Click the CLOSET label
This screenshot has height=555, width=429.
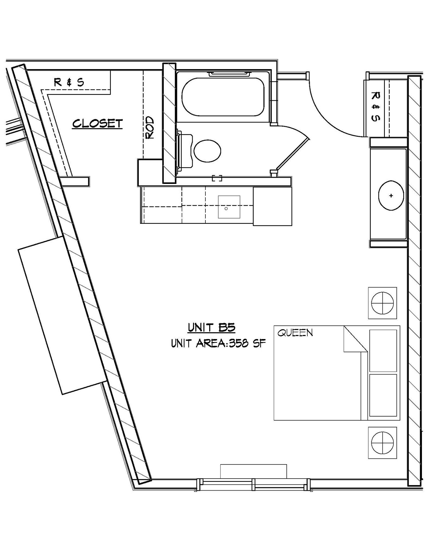(97, 124)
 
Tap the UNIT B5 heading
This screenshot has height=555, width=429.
(211, 327)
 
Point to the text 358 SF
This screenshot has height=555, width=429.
(247, 344)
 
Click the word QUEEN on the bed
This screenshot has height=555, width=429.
(295, 333)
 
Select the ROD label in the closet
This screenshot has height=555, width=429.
(150, 128)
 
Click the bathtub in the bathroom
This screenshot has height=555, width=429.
(223, 97)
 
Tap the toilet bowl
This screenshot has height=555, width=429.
(207, 151)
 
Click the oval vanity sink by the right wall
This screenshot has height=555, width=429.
(391, 195)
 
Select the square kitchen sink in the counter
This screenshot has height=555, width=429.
(229, 207)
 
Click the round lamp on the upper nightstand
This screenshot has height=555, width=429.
(382, 303)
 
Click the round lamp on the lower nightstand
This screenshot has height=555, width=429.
(382, 443)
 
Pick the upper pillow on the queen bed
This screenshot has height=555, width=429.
(383, 350)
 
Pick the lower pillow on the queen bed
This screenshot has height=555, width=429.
(383, 395)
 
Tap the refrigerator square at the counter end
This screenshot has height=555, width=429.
(272, 206)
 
